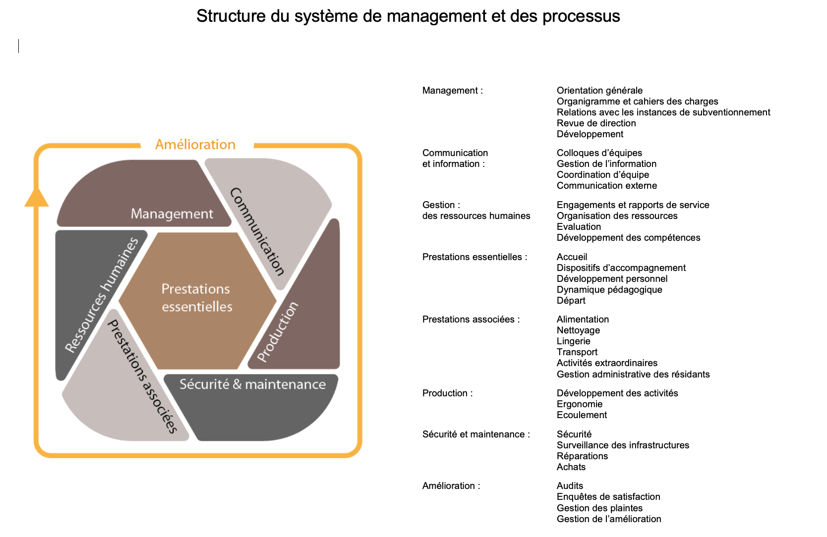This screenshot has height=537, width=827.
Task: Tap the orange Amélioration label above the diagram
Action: click(x=195, y=145)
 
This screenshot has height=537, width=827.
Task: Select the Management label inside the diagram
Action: click(x=172, y=214)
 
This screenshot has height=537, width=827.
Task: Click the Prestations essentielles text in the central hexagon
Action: click(x=197, y=298)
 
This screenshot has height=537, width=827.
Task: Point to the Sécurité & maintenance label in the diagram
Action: click(x=252, y=384)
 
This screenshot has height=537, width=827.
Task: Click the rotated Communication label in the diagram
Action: click(x=257, y=231)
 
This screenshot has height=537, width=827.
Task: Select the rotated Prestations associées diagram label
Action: click(x=143, y=376)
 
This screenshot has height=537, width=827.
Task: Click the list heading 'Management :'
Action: click(x=452, y=91)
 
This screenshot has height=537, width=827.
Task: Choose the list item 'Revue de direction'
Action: click(x=596, y=123)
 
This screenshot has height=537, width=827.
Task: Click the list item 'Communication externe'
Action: click(x=606, y=186)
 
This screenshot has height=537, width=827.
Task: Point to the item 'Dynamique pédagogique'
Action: click(x=609, y=290)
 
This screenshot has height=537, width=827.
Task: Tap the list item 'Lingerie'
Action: click(x=573, y=341)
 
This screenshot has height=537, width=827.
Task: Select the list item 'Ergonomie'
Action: click(x=579, y=404)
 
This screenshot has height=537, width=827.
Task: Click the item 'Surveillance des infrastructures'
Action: click(x=623, y=445)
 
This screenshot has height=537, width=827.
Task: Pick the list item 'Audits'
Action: click(x=570, y=486)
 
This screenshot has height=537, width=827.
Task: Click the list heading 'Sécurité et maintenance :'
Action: click(x=476, y=434)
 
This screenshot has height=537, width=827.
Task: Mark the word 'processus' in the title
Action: click(x=581, y=16)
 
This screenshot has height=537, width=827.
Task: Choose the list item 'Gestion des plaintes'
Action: click(x=599, y=508)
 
